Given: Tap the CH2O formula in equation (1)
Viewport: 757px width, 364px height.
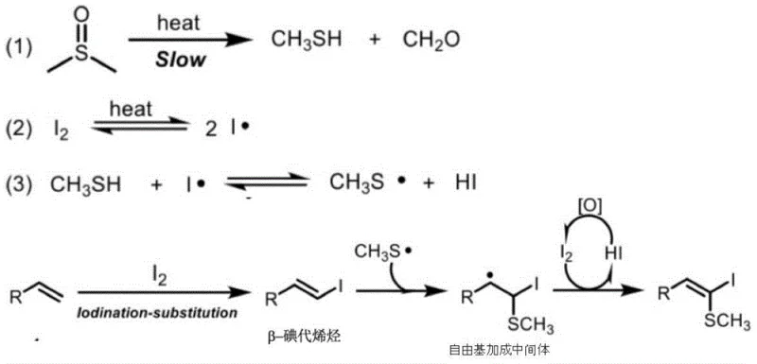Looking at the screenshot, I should [432, 40].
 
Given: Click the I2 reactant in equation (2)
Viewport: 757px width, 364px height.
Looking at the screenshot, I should [59, 126].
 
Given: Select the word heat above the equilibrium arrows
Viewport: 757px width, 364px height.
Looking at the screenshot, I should [132, 111].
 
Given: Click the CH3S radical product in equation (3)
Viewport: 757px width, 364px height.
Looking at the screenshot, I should [368, 182].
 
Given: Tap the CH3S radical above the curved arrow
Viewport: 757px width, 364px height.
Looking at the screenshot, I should [380, 251].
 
